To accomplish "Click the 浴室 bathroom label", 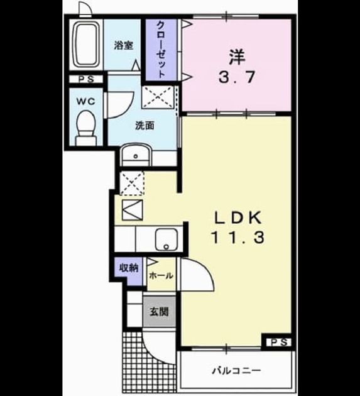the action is click(123, 45).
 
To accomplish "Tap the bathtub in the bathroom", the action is click(86, 45).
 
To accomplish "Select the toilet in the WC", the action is click(86, 128).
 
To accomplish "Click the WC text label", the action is click(86, 102).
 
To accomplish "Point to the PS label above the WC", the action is click(86, 79).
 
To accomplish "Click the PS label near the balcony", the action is click(279, 343).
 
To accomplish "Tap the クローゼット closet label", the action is click(161, 50).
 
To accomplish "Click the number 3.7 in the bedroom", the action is click(237, 77).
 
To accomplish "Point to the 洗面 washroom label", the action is click(145, 125).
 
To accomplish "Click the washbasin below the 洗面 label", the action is click(136, 155).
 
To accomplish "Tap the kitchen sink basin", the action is click(166, 239).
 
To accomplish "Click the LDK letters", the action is click(237, 218).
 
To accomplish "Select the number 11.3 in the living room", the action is click(237, 238).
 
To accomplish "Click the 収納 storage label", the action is click(129, 267).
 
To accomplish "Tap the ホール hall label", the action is click(161, 275).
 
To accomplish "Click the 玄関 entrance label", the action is click(159, 311).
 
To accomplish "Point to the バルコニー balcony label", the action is click(236, 371).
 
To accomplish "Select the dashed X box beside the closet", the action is click(158, 97).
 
